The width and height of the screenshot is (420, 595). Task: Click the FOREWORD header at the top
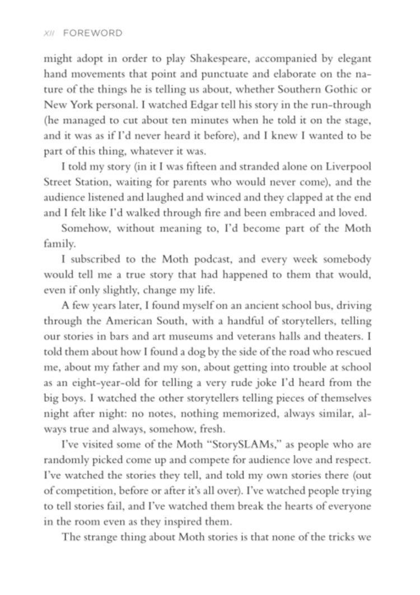tap(93, 34)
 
